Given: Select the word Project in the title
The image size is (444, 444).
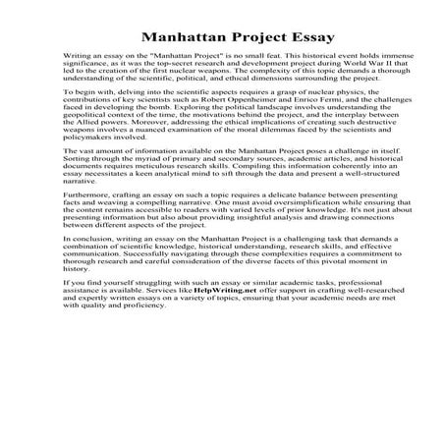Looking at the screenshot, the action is [x=249, y=40].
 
